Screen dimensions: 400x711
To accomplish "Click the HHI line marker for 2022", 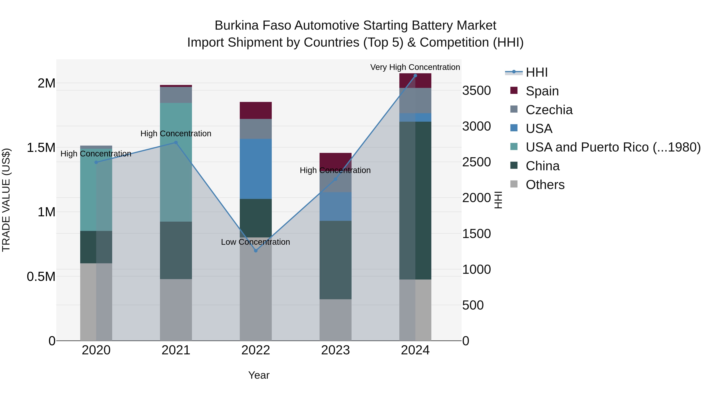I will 256,251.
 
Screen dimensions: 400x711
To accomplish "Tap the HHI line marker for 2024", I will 415,76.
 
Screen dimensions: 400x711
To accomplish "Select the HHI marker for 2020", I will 96,162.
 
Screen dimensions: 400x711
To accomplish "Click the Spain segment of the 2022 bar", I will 256,110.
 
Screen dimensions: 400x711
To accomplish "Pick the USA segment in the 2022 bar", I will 256,169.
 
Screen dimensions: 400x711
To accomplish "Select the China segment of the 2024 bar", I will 415,200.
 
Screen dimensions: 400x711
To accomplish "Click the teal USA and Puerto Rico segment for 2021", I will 176,162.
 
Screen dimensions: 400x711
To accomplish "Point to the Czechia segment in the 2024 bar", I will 415,101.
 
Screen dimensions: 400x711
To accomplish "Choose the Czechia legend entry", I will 549,110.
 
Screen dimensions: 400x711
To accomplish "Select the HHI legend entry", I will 536,72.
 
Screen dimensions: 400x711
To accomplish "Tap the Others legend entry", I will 545,185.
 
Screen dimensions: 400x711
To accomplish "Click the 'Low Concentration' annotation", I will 255,242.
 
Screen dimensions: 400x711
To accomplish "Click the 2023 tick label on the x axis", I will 335,350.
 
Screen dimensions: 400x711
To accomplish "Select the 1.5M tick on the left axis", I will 41,148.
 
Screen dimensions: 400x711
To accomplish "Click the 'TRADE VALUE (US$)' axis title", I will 6,200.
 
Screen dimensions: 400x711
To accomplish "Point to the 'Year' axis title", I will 259,375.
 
